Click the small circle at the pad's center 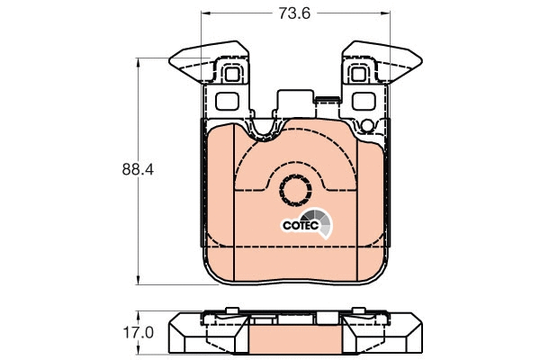coord(293,190)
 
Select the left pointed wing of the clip coord(190,62)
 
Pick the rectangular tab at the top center coord(295,101)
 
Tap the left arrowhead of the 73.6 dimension coord(203,13)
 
